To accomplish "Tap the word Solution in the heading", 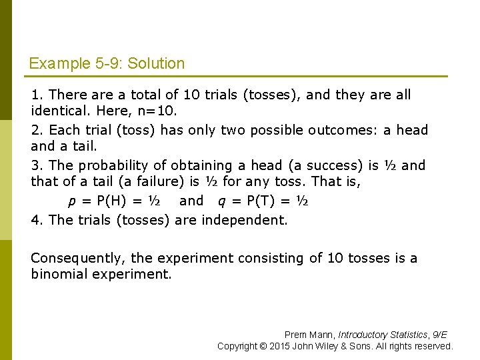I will [x=156, y=64].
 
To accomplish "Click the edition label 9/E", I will [x=439, y=335].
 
